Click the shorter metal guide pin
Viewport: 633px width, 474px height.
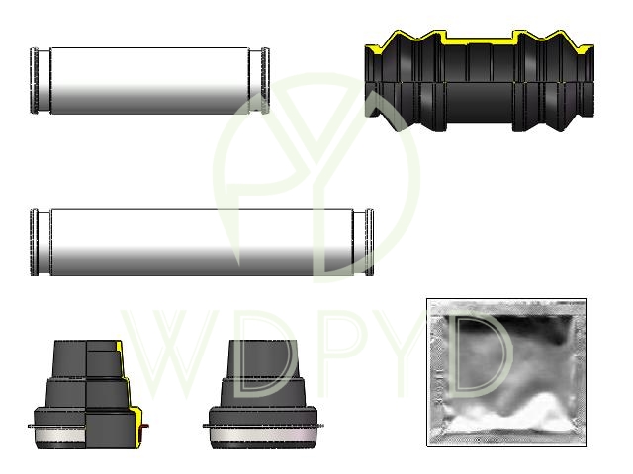pos(149,81)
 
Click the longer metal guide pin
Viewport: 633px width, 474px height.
pos(202,242)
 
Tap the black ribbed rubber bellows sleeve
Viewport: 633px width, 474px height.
pos(479,81)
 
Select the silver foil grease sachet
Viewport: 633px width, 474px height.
pos(506,372)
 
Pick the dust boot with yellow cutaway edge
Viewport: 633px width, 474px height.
pos(87,394)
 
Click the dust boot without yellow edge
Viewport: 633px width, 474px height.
pos(263,394)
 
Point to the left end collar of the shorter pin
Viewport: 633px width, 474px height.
pos(35,81)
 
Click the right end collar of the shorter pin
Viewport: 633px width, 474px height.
pos(265,81)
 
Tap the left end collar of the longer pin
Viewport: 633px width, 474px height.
pos(35,242)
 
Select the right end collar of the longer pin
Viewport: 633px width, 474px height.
pos(369,242)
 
